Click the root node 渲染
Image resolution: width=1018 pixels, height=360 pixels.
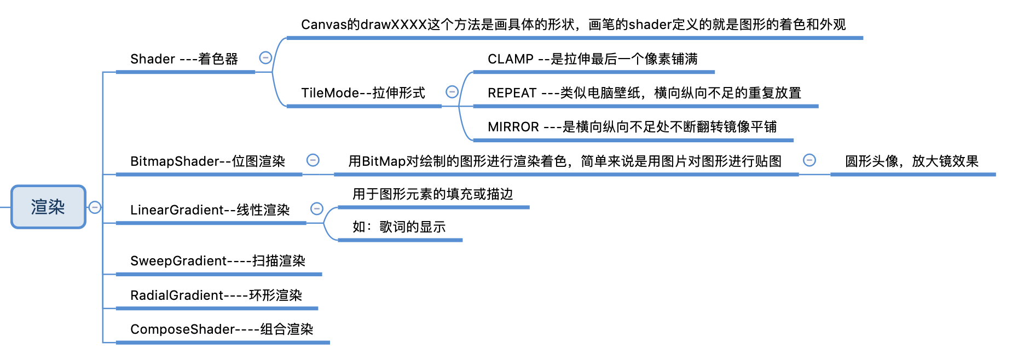pos(48,207)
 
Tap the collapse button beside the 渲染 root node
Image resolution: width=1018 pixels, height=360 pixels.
pos(95,207)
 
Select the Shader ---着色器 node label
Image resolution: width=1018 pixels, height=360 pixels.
pos(184,59)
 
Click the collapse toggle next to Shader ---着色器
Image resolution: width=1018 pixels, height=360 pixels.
pos(265,58)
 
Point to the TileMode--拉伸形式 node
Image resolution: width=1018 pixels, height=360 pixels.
pos(363,93)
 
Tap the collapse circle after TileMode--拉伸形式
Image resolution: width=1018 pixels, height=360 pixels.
pos(452,92)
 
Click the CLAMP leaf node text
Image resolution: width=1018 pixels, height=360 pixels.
pos(592,59)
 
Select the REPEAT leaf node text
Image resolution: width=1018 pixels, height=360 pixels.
pos(644,93)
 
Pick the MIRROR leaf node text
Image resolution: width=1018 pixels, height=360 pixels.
pos(632,127)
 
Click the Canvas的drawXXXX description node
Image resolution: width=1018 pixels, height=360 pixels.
pos(573,25)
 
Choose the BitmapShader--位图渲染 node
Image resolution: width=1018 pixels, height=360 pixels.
pos(207,161)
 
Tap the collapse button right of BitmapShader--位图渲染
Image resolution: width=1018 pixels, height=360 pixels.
pos(313,160)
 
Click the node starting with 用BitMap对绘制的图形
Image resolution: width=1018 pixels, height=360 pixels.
pos(565,161)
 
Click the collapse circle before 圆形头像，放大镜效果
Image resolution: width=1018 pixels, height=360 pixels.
pos(809,160)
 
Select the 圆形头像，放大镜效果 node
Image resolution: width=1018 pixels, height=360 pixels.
pos(911,161)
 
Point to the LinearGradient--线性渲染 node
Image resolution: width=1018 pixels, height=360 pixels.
pos(210,210)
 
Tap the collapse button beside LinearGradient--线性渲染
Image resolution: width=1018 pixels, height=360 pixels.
pos(317,209)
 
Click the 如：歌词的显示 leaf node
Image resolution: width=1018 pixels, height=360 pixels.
pos(399,227)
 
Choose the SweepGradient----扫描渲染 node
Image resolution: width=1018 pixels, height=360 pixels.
pos(218,261)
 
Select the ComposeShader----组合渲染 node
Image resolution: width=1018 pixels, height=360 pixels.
pos(222,329)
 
